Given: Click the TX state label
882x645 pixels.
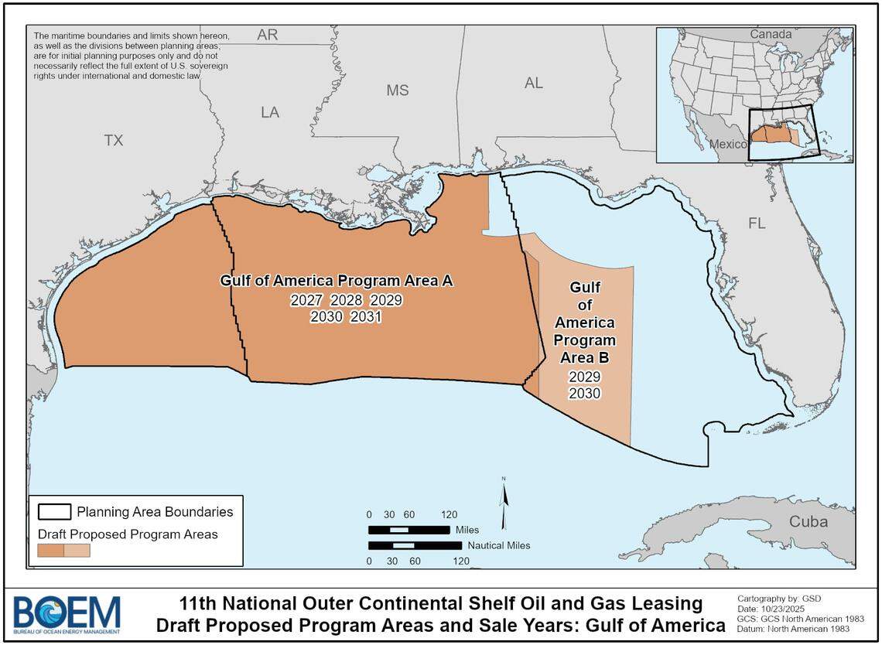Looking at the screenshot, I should point(114,140).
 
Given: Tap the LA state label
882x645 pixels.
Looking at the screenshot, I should point(269,113).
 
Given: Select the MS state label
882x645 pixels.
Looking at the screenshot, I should point(397,90).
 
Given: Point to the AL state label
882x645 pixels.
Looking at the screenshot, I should point(533,84).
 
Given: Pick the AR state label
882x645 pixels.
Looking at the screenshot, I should point(267,36).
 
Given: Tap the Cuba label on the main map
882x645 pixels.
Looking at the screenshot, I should point(808,521).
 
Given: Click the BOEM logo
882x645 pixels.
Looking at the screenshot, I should point(67,615).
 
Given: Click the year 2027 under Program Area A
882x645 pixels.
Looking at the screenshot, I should point(306,300).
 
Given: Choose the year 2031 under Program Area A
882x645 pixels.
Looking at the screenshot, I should point(365,316).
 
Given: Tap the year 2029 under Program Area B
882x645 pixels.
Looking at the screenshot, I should point(585,377).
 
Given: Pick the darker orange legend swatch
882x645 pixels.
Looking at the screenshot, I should point(51,550).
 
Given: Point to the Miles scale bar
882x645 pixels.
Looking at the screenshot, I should point(409,530).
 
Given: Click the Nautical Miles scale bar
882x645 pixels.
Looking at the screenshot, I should point(415,545).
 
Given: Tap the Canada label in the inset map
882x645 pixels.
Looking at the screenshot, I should point(770,34).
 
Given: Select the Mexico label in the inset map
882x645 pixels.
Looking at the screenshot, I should point(728,145).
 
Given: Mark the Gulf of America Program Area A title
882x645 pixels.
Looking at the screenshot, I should point(336,281).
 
